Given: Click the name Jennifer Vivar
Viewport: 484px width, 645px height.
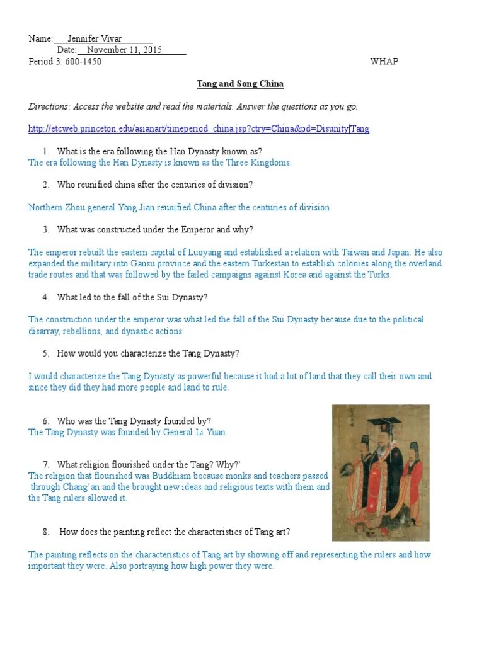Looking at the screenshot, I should [x=95, y=39].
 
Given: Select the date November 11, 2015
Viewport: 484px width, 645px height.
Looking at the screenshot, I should [x=124, y=50].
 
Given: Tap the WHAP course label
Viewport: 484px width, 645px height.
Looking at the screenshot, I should [x=384, y=62].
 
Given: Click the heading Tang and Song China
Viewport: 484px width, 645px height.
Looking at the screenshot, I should [x=240, y=84].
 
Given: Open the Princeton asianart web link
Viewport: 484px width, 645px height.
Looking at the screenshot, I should [x=199, y=129].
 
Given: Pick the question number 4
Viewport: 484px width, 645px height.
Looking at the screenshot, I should [x=46, y=297].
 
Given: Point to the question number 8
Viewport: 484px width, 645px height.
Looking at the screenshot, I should [x=46, y=532].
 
